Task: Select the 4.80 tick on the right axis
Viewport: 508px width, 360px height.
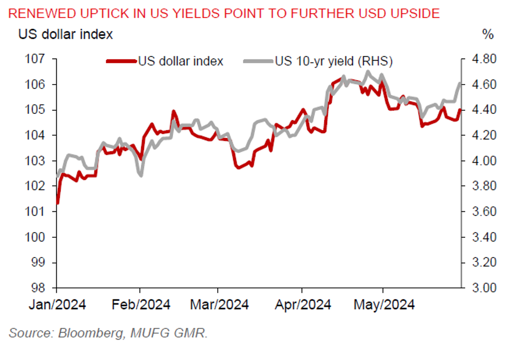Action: click(x=479, y=59)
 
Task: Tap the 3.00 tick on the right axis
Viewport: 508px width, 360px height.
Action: click(x=479, y=288)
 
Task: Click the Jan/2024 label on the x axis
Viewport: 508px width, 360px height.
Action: click(x=57, y=304)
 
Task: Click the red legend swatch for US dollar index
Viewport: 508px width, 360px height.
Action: click(x=121, y=61)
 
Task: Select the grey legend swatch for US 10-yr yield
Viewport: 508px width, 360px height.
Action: click(x=258, y=61)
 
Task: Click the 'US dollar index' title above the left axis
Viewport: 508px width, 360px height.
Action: click(x=66, y=34)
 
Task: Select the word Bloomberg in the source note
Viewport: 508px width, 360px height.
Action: click(x=91, y=334)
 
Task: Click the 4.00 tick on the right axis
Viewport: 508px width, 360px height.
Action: click(x=479, y=161)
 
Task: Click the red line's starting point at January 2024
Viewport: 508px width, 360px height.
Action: click(x=58, y=203)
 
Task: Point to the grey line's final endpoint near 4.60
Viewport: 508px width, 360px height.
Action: click(x=460, y=83)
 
